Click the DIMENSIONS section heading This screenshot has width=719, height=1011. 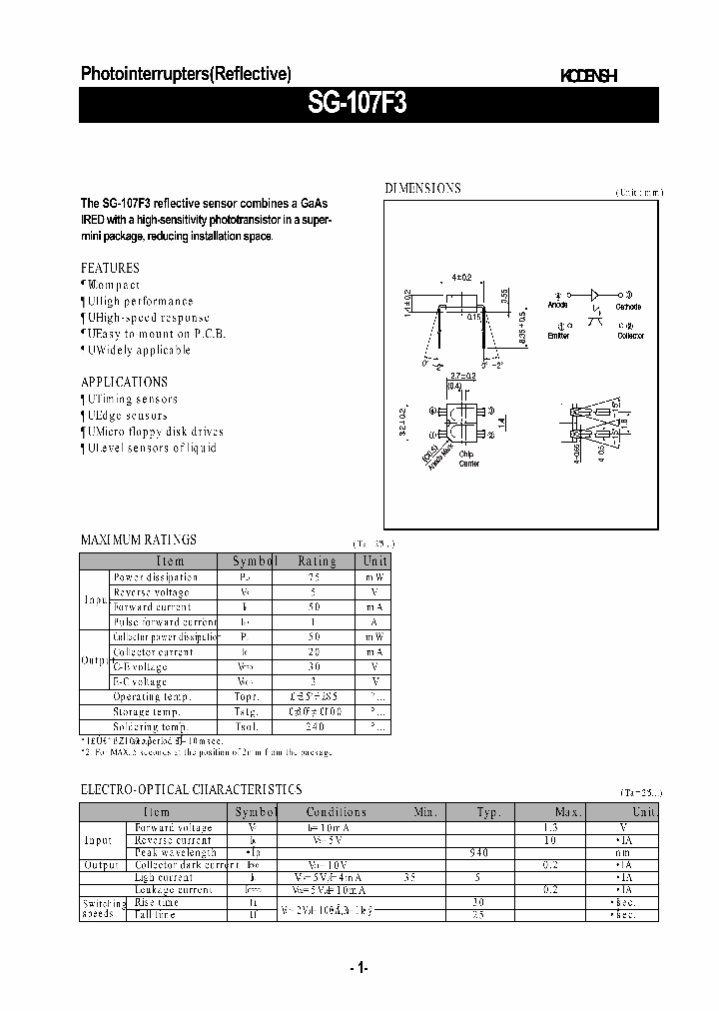coord(422,189)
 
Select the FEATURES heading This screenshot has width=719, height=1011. coord(110,268)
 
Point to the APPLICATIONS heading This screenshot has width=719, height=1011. coord(124,382)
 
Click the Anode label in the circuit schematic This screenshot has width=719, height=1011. coord(559,306)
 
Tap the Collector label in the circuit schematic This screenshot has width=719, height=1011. coord(630,336)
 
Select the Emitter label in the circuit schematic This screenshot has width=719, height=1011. coord(559,336)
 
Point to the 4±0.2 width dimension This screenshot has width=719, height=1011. coord(460,277)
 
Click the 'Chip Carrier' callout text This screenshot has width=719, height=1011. coord(468,459)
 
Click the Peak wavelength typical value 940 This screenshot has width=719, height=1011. coord(478,852)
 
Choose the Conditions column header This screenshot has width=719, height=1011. coord(337,812)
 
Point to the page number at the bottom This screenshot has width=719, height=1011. coord(359,968)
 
